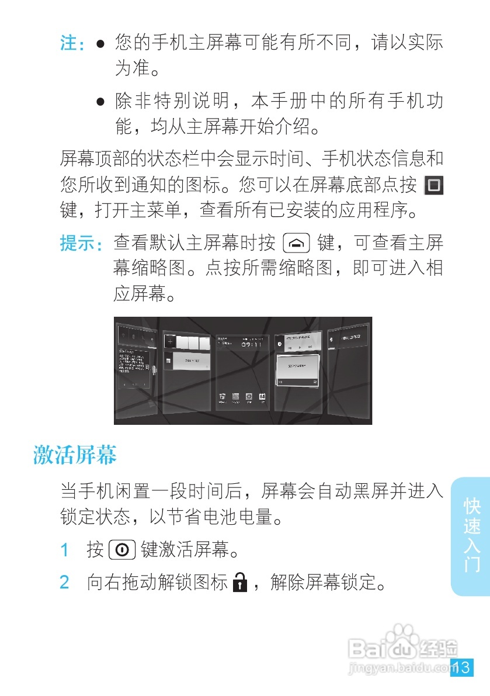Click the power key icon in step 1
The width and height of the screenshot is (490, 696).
coord(122,550)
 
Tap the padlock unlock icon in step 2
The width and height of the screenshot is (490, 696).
coord(239,583)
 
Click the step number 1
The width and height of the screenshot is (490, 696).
coord(65,550)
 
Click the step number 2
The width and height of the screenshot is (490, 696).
coord(65,583)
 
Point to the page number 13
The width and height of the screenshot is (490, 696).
coord(461,667)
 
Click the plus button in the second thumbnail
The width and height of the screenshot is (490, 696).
coord(171,341)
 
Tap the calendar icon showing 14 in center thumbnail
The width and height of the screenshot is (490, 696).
coord(262,396)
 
